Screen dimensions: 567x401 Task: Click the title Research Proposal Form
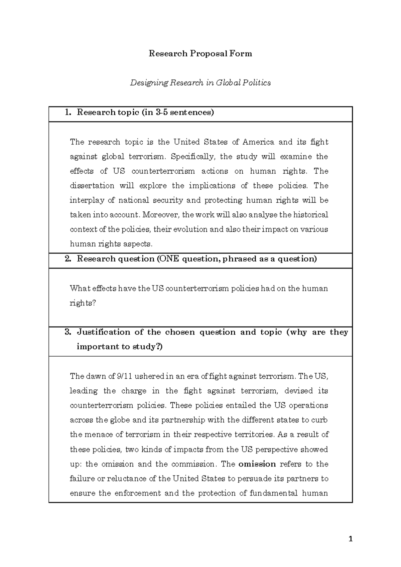point(200,54)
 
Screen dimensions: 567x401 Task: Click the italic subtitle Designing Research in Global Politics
point(200,82)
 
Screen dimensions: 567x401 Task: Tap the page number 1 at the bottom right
point(350,539)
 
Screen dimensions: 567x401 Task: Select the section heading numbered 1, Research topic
point(145,112)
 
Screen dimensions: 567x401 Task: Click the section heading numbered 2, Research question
point(196,259)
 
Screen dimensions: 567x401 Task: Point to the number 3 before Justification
point(68,332)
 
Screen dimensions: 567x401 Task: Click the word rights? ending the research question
point(83,303)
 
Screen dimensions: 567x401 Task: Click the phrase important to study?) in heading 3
point(120,347)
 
